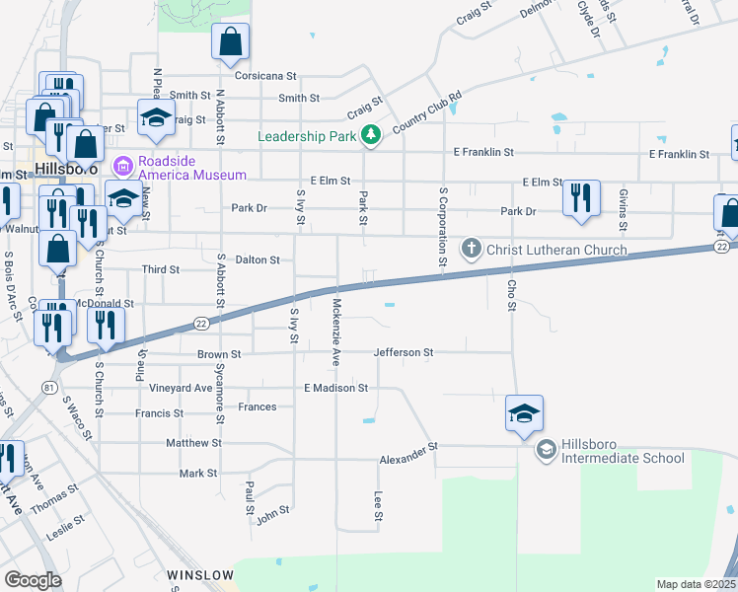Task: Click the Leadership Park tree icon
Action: pos(370,135)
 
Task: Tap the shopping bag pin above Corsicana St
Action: pos(231,42)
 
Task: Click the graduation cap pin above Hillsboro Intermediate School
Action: pos(524,414)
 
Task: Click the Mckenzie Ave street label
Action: pos(336,333)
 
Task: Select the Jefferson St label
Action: pos(404,352)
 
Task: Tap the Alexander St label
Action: pos(408,454)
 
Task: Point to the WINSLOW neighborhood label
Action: pos(200,574)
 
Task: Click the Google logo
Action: pos(33,580)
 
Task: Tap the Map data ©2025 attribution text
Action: pos(696,584)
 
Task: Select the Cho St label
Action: pos(512,293)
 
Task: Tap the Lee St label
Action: pos(377,506)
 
